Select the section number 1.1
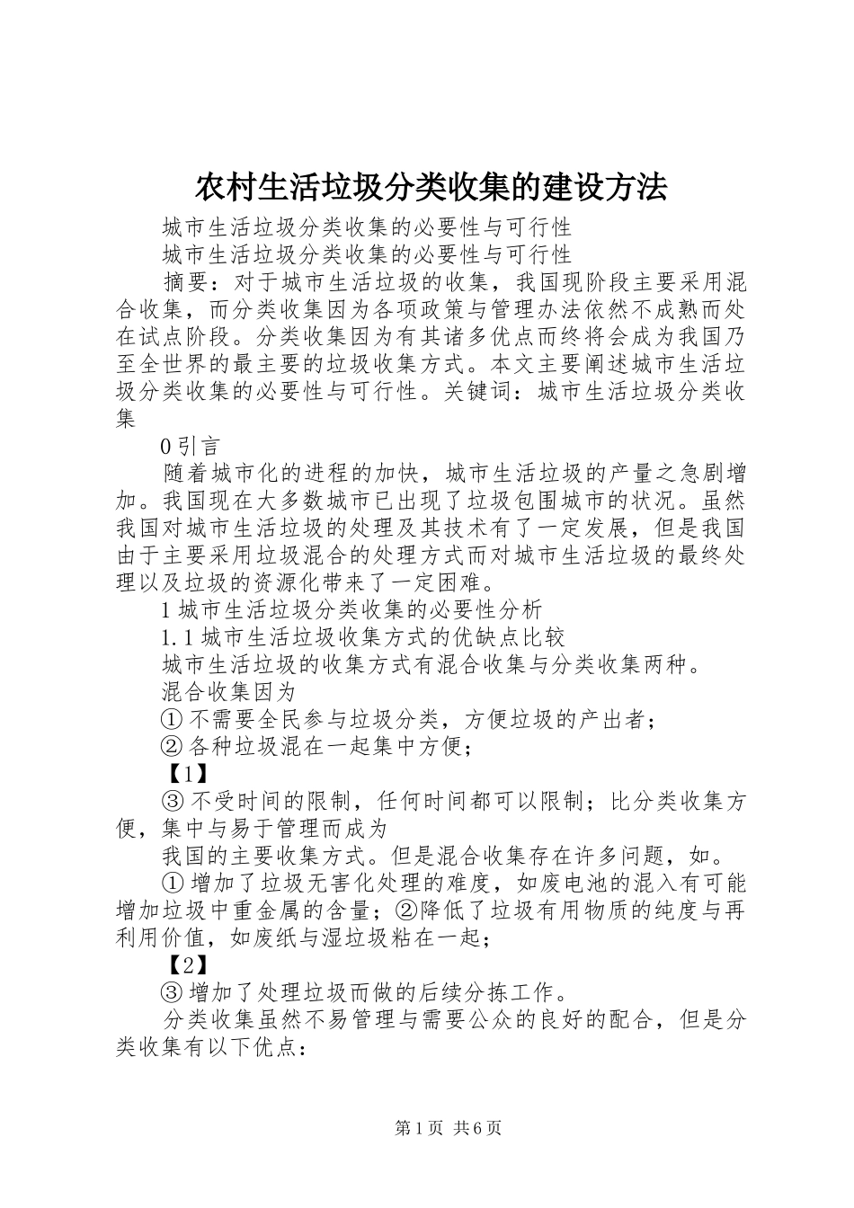(178, 637)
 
